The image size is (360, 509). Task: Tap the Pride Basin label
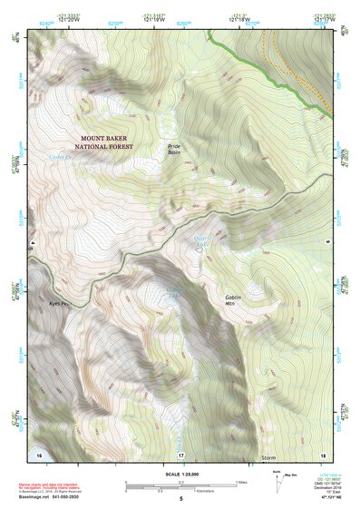(176, 149)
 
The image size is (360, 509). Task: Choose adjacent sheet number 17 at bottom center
(180, 454)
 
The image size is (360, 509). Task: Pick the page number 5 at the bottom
(180, 499)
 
